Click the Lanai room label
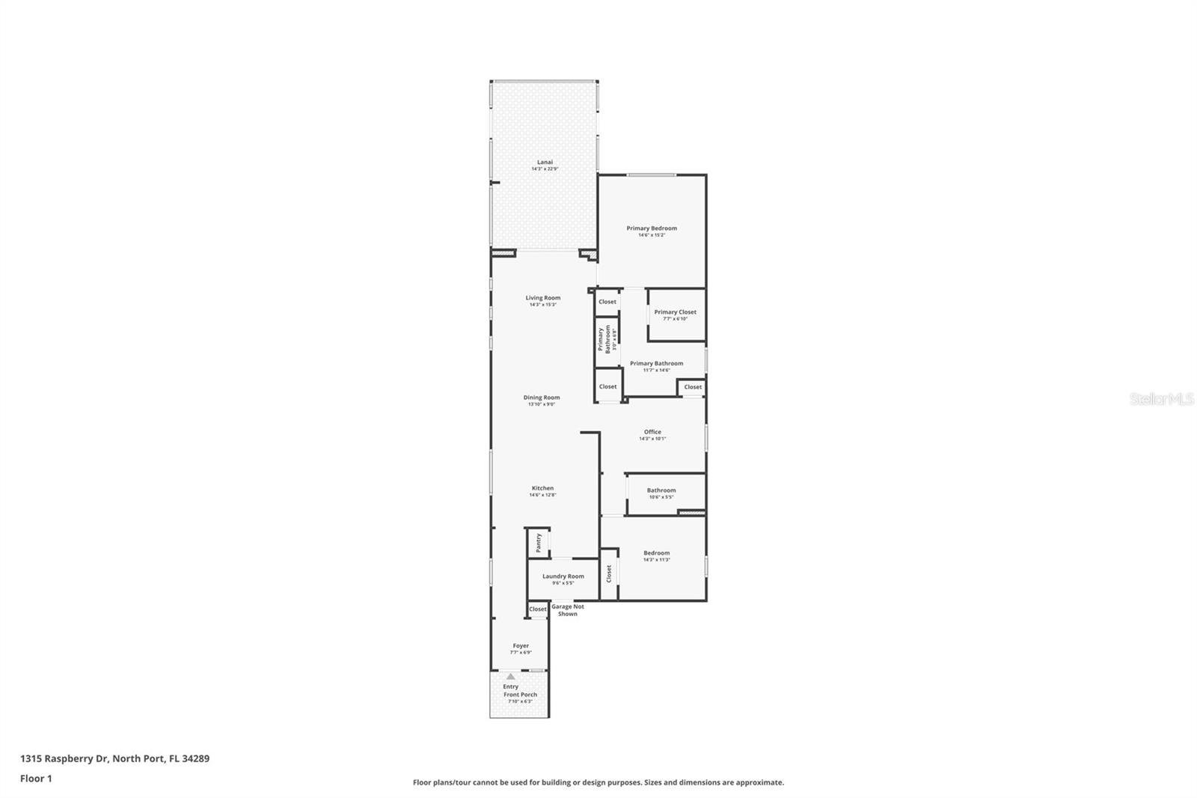[545, 162]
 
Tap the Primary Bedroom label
[652, 228]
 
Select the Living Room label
[543, 298]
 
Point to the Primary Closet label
[675, 312]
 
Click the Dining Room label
[542, 398]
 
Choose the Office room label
[652, 432]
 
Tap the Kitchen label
[542, 488]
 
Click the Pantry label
[538, 542]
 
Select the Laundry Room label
[563, 576]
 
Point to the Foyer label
[521, 645]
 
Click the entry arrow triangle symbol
[510, 677]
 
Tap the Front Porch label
[520, 695]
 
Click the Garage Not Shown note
[568, 610]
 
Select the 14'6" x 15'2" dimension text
[652, 235]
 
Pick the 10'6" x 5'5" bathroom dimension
[661, 497]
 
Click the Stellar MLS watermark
[1162, 399]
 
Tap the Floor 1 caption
[36, 779]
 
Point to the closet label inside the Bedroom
[609, 573]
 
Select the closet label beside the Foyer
[538, 609]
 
